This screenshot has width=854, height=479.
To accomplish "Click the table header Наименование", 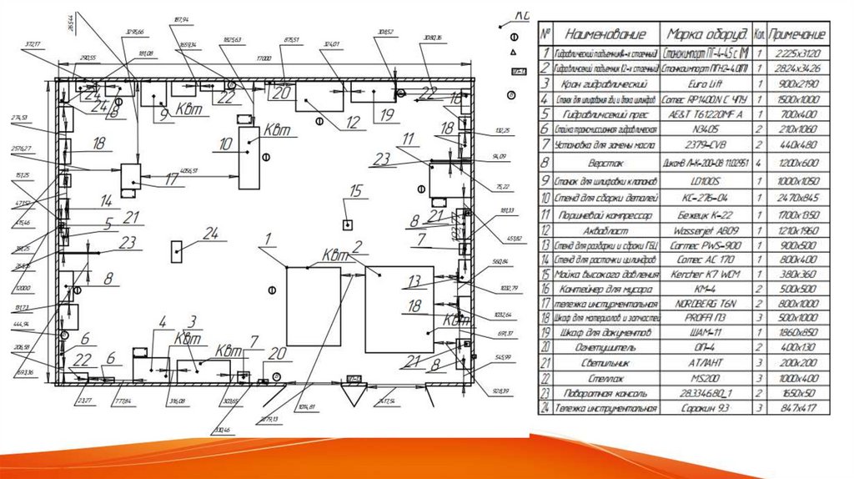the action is click(605, 34).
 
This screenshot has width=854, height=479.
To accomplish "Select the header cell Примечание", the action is click(797, 34).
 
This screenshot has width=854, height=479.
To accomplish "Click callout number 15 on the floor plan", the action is click(357, 192).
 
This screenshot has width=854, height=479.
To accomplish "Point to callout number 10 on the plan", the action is click(225, 144).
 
